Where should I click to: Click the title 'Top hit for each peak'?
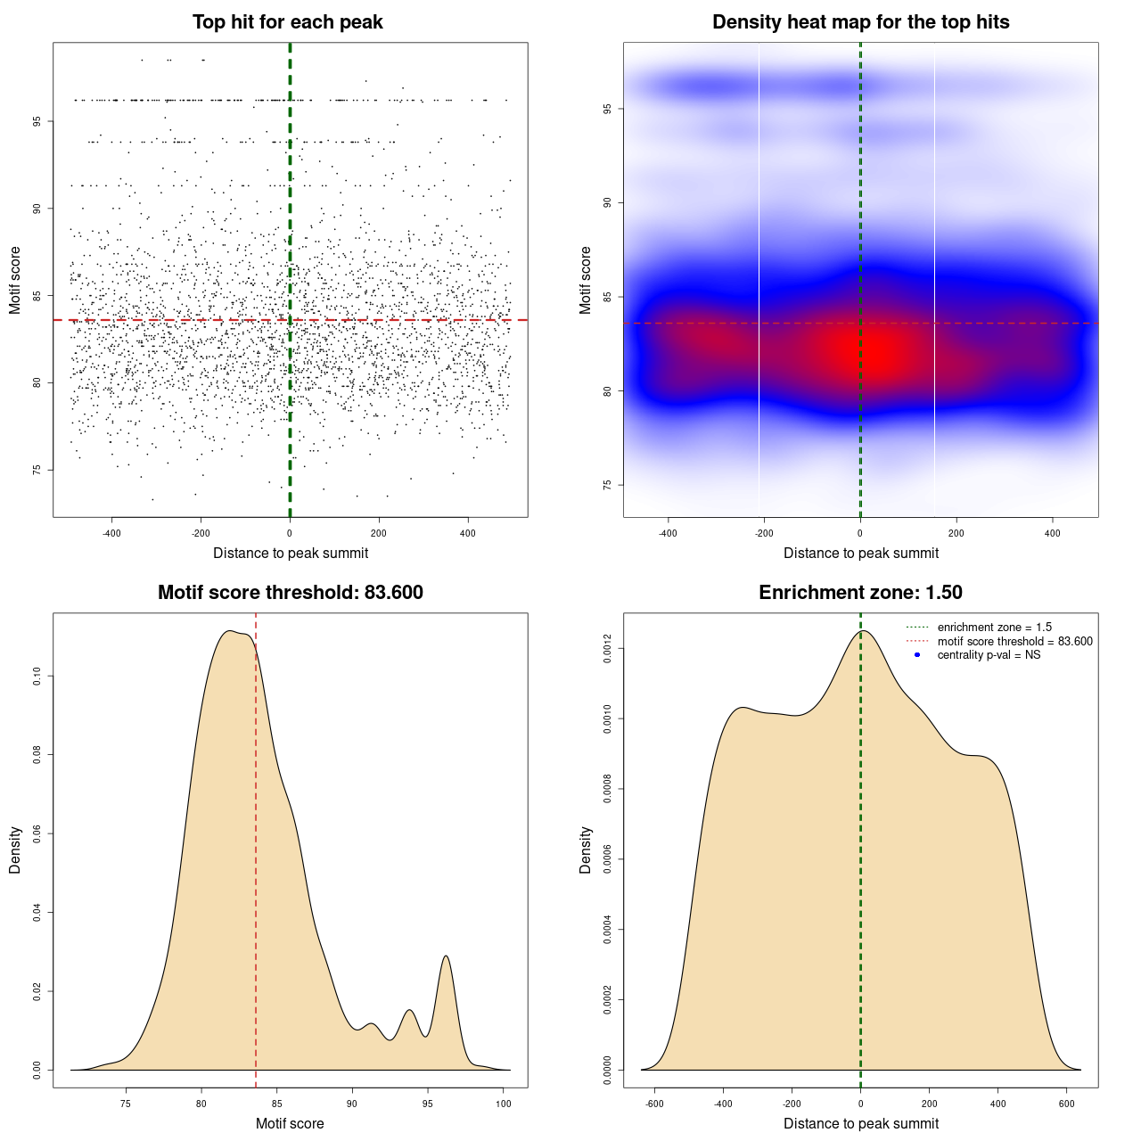tap(287, 22)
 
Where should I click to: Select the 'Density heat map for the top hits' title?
tap(860, 22)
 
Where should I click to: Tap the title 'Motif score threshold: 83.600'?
tap(290, 593)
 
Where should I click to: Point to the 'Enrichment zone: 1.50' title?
tap(860, 593)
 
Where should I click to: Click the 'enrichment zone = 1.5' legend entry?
tap(994, 628)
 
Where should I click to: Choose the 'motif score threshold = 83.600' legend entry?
tap(1014, 641)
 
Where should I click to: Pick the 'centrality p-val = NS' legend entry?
tap(989, 655)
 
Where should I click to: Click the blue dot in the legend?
tap(917, 655)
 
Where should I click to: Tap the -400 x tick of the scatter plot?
tap(111, 533)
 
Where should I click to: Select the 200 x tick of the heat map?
tap(956, 533)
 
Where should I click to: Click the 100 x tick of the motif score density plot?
tap(504, 1104)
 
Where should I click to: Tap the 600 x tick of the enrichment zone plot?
tap(1066, 1104)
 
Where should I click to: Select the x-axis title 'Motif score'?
tap(290, 1123)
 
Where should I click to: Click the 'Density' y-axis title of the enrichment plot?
tap(586, 850)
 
